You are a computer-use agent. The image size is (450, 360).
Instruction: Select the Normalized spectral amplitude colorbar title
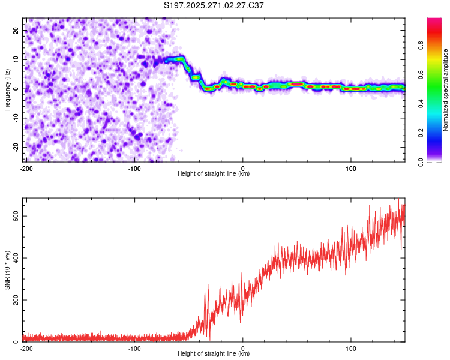click(445, 91)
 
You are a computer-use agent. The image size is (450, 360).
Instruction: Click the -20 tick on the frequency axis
click(16, 147)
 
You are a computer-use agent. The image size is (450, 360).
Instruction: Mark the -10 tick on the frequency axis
click(16, 118)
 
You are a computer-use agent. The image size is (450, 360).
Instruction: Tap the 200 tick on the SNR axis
click(15, 300)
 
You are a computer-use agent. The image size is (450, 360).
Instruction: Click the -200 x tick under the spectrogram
click(26, 168)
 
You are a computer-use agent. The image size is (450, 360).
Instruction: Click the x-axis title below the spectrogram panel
click(214, 174)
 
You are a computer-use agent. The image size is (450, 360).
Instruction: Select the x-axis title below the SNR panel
click(214, 354)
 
